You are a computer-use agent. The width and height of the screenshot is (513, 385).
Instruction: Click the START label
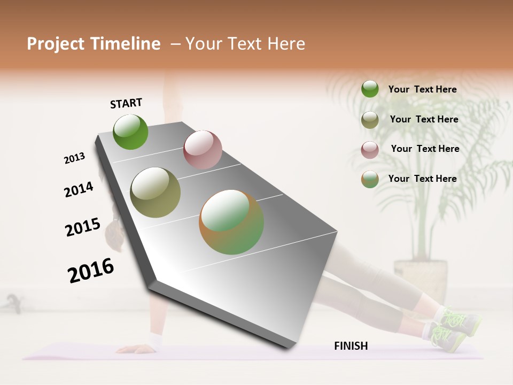pyautogui.click(x=126, y=103)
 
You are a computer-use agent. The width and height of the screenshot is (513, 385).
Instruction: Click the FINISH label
pyautogui.click(x=351, y=346)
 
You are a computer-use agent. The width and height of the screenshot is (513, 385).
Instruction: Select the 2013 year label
pyautogui.click(x=75, y=158)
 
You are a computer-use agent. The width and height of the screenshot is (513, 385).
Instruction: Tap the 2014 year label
pyautogui.click(x=79, y=189)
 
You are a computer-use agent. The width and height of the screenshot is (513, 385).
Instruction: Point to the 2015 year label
pyautogui.click(x=83, y=227)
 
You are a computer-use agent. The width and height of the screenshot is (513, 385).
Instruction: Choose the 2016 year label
pyautogui.click(x=91, y=270)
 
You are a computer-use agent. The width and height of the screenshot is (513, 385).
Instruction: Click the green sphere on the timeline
pyautogui.click(x=130, y=132)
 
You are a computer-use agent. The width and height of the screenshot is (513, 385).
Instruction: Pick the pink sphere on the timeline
pyautogui.click(x=203, y=149)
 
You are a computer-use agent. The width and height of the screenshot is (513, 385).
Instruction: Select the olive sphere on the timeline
pyautogui.click(x=156, y=192)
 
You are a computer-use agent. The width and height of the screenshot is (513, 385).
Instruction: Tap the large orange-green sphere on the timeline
pyautogui.click(x=231, y=222)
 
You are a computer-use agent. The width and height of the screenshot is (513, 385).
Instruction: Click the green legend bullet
pyautogui.click(x=370, y=89)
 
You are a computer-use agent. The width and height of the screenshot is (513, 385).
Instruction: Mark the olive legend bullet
pyautogui.click(x=370, y=120)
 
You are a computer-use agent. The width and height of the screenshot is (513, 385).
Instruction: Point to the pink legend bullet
pyautogui.click(x=370, y=150)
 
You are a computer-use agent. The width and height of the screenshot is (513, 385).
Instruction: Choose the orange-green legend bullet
pyautogui.click(x=370, y=179)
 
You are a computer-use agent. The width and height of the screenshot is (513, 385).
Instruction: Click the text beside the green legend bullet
pyautogui.click(x=422, y=89)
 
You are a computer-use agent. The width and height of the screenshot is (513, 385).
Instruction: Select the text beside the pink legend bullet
pyautogui.click(x=425, y=149)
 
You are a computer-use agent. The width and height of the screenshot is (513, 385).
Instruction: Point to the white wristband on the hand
pyautogui.click(x=156, y=339)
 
